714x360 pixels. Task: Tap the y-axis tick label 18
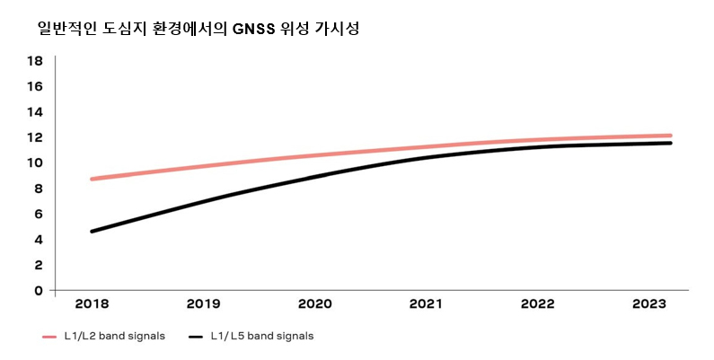35,61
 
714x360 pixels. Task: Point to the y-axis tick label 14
35,112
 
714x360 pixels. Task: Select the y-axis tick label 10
35,162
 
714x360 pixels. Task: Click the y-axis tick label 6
38,214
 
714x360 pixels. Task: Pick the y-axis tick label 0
38,290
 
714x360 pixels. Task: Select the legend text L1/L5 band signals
262,337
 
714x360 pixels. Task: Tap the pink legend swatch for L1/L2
50,338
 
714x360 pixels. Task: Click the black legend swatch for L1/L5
197,338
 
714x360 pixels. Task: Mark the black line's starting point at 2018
92,232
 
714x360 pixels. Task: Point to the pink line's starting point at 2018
92,179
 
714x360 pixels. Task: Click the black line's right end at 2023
670,143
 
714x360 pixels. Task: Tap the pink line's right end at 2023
670,136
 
